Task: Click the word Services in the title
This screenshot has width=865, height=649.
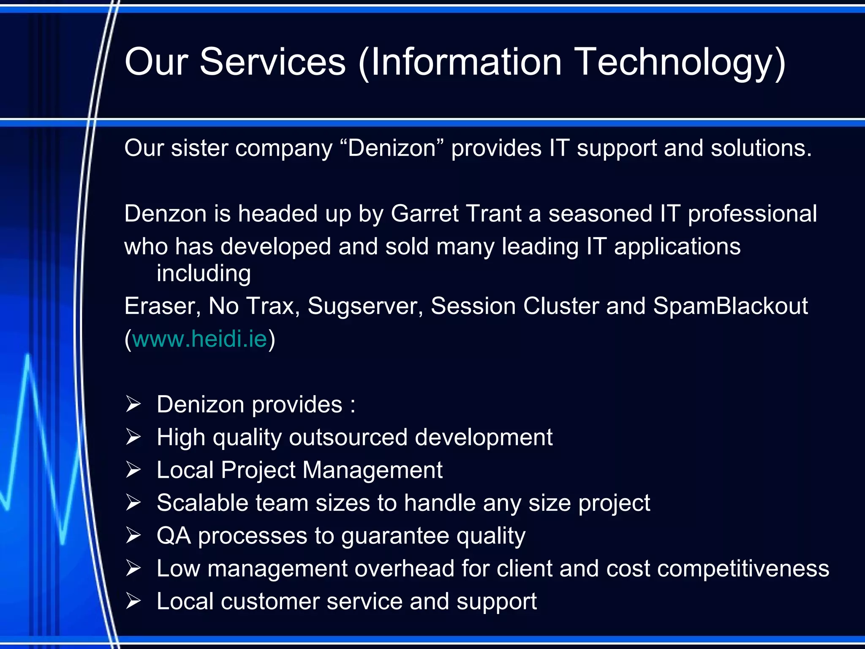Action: [x=272, y=62]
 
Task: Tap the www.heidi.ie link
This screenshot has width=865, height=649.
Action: [x=200, y=339]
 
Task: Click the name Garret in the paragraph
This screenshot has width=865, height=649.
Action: [x=424, y=213]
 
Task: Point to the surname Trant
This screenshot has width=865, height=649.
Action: [x=494, y=213]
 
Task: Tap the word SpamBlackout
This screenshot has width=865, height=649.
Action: [x=730, y=306]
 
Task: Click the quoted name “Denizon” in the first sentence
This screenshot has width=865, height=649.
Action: [x=392, y=148]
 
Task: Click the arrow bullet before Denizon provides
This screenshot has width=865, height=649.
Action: [x=133, y=404]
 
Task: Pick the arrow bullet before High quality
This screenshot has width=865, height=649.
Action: [x=133, y=437]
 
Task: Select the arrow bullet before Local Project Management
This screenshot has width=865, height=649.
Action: [x=133, y=470]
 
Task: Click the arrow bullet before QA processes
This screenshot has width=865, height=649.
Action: [x=133, y=536]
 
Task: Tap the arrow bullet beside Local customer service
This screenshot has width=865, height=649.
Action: [x=133, y=601]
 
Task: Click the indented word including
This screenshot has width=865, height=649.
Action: [x=204, y=273]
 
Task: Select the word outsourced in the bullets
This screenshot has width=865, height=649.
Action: [x=348, y=437]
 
